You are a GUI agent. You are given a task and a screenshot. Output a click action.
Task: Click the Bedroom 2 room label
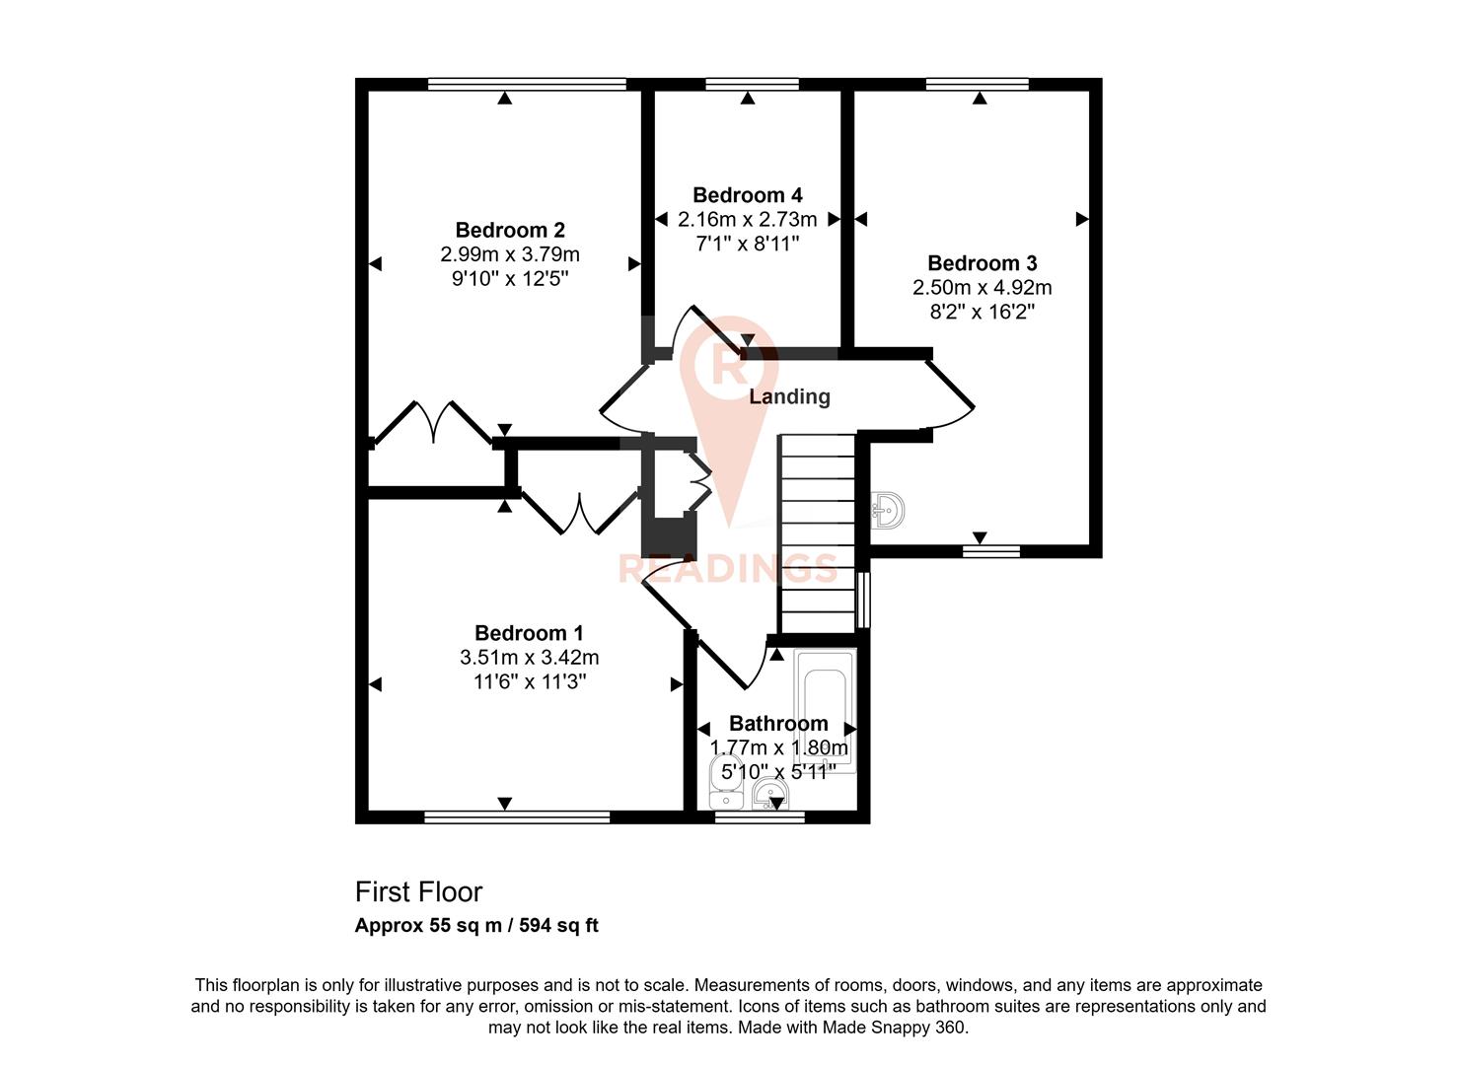coord(510,230)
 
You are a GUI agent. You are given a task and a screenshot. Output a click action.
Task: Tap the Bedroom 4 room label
coord(747,195)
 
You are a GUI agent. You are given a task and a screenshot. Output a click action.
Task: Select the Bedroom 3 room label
coord(982,263)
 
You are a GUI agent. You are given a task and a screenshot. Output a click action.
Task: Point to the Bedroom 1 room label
coord(529,633)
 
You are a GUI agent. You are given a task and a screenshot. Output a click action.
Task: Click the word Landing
coord(789,396)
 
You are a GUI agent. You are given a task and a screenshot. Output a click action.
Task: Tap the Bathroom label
coord(778,723)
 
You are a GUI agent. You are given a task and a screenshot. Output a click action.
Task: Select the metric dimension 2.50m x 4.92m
coord(982,288)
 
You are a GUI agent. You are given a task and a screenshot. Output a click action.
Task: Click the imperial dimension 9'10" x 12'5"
coord(510,279)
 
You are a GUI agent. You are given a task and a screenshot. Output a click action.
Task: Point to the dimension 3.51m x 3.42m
coord(529,658)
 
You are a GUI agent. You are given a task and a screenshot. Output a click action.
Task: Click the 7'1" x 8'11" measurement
coord(747,244)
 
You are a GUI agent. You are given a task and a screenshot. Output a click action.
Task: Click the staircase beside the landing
coord(817,532)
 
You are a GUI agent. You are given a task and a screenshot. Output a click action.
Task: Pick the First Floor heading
coord(418,891)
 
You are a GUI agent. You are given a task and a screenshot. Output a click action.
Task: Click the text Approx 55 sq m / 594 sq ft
coord(476,926)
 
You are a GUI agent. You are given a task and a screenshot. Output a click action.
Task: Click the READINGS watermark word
coord(728,569)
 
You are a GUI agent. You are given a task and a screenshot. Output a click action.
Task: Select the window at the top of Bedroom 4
coord(752,85)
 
